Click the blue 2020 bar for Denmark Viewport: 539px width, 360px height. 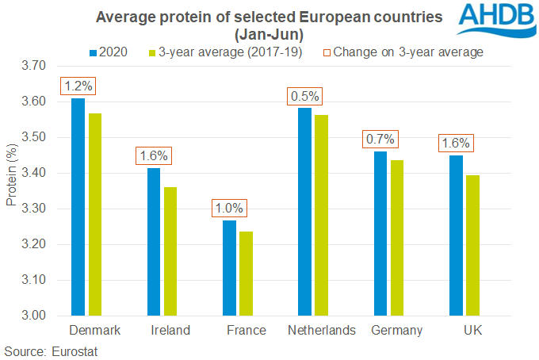78,207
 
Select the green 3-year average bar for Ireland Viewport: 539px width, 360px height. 170,251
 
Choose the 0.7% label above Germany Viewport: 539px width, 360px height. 380,140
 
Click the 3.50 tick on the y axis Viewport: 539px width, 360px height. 35,137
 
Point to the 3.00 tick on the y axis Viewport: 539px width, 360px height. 35,316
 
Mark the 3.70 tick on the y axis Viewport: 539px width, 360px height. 35,66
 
